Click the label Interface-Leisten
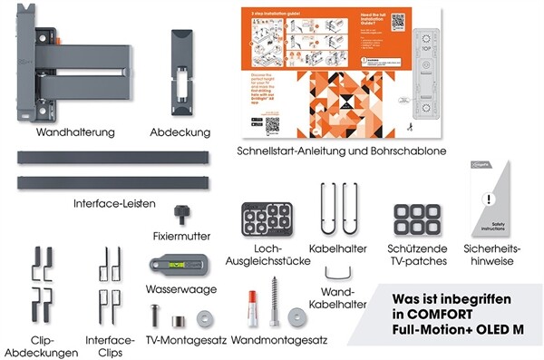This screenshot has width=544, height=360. coord(114,202)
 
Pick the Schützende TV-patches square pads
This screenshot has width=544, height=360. coord(416,221)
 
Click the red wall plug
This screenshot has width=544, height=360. coord(247,313)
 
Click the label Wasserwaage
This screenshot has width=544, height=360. coord(180,292)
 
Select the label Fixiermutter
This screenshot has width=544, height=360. coord(182,236)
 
